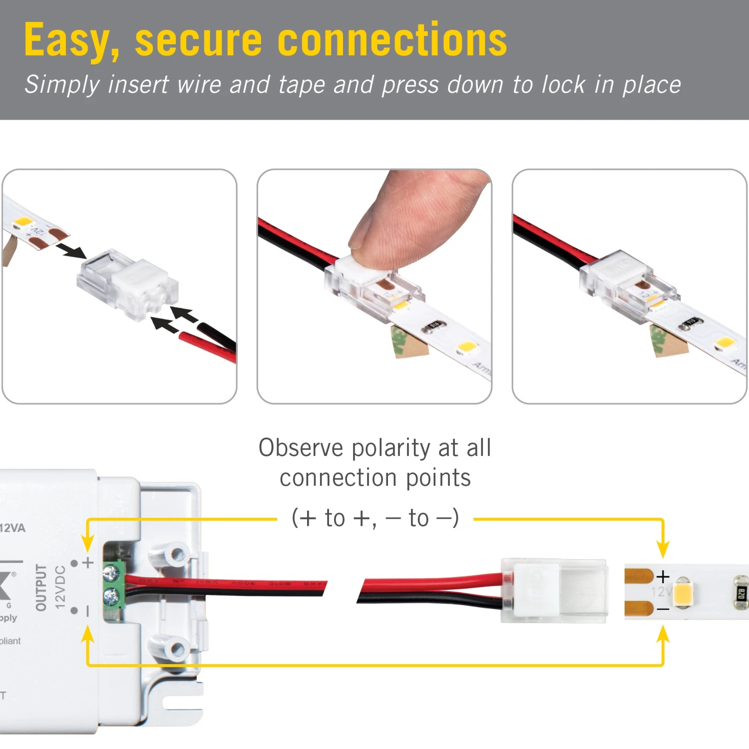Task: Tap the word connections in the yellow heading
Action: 392,40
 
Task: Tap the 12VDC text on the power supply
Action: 60,587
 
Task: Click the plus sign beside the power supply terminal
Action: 88,563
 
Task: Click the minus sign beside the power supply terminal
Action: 88,611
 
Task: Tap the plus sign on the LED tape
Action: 663,577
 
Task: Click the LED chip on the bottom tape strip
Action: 683,592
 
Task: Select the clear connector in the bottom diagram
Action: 554,591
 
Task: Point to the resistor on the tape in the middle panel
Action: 432,327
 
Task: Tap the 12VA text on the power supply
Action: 12,528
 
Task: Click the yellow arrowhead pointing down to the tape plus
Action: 663,549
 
